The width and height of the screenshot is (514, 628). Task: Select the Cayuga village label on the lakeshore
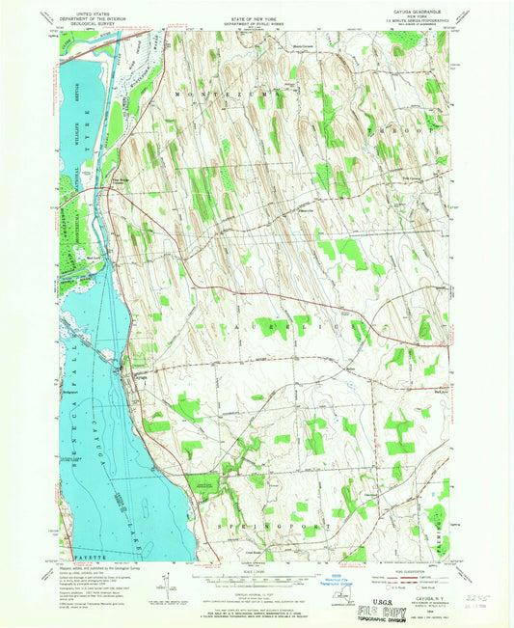138,370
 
